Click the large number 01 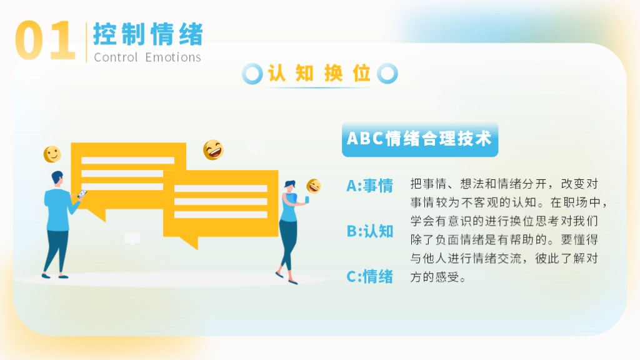[45, 41]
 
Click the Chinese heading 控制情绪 [148, 34]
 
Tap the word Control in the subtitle [116, 57]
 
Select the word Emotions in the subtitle [173, 57]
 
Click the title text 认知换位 [319, 74]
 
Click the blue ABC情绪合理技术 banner [420, 139]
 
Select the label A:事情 [370, 186]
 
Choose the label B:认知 [370, 231]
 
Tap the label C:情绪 [370, 276]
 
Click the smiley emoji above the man [52, 154]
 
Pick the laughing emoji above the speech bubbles [213, 150]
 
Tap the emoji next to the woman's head [314, 186]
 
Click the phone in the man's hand [82, 194]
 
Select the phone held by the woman [307, 199]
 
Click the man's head [57, 178]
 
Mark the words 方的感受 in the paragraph [435, 277]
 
